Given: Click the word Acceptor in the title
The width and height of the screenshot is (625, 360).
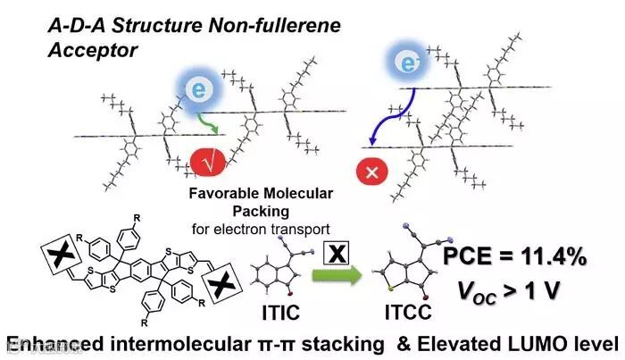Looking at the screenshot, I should point(92,50).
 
